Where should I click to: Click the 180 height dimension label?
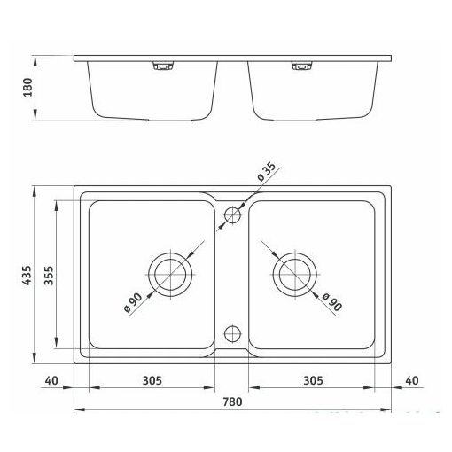click(27, 87)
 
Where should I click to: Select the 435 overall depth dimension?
click(27, 275)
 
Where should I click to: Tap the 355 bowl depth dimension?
click(49, 276)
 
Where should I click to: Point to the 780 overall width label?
click(232, 401)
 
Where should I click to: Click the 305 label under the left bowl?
click(152, 380)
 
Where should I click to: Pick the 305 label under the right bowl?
click(313, 380)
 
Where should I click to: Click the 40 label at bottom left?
click(51, 380)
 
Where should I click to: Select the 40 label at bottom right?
click(412, 380)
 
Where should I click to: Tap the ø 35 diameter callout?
click(266, 171)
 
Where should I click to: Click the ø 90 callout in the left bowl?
click(133, 302)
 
